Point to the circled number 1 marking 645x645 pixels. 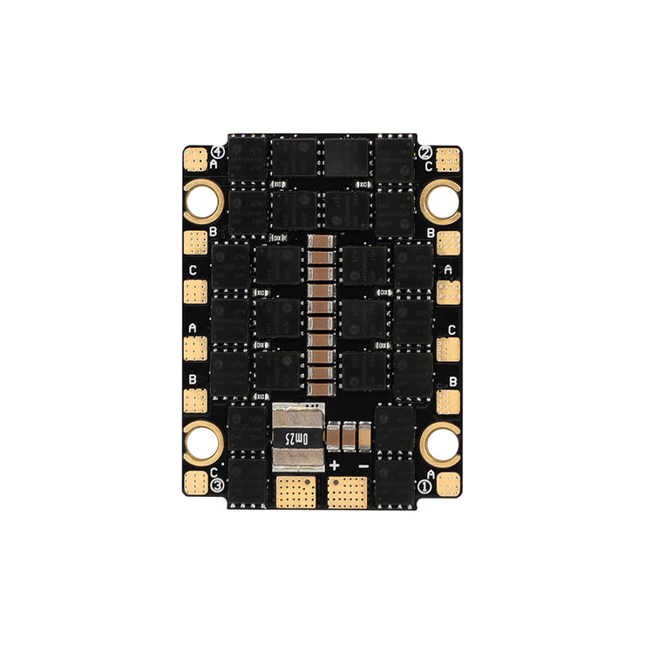click(426, 485)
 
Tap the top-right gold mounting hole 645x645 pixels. click(440, 201)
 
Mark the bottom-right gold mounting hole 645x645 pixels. click(440, 443)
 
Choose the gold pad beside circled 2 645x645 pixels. click(447, 160)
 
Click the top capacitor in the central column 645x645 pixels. click(322, 242)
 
